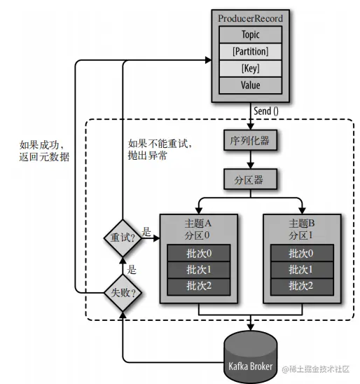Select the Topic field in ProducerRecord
[251, 34]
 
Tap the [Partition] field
[251, 51]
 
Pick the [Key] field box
[251, 68]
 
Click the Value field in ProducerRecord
[251, 85]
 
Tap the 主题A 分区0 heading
[200, 228]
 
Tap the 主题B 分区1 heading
[302, 228]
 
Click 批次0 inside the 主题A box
[200, 253]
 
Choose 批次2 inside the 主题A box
[200, 285]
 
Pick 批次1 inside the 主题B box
[302, 269]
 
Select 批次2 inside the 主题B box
[302, 285]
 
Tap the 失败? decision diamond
[123, 289]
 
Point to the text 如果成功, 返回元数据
[45, 151]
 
